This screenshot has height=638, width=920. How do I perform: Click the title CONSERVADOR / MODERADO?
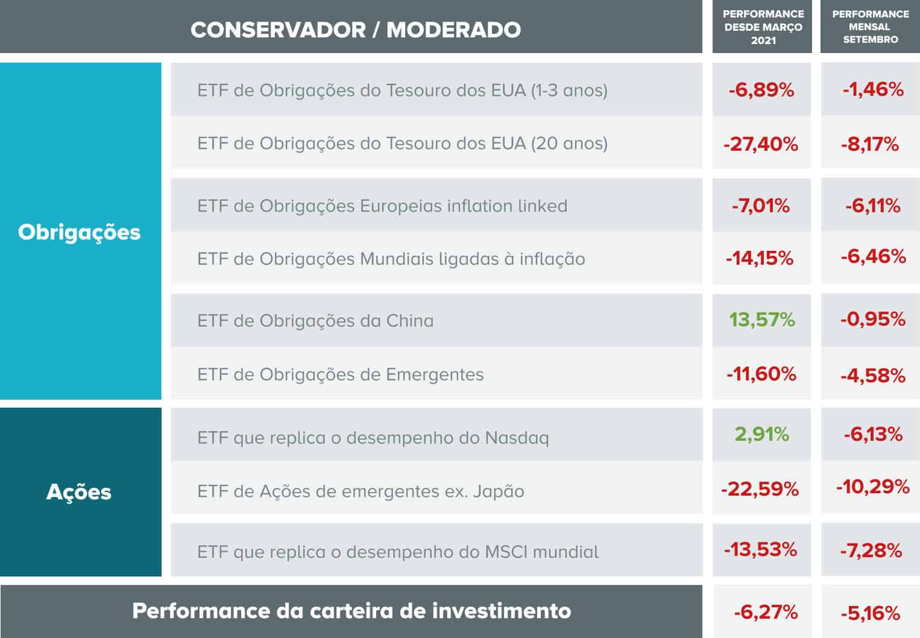(x=356, y=30)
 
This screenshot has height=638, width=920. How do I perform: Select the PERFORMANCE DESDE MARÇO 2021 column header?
(x=763, y=27)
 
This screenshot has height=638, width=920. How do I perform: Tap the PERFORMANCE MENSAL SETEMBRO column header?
(x=870, y=27)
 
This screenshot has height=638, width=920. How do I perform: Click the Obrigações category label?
(x=79, y=232)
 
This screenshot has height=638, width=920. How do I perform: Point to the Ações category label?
(x=79, y=492)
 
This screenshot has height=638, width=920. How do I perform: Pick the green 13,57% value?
(x=761, y=320)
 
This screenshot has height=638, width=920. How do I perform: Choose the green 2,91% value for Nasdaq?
(x=761, y=434)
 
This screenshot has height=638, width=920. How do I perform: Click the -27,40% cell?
(x=761, y=144)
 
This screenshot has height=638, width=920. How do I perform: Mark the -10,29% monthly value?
(x=872, y=487)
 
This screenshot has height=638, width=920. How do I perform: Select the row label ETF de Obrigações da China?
(x=315, y=321)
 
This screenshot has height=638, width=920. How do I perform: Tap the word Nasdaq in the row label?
(x=517, y=438)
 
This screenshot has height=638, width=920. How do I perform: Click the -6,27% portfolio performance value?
(x=765, y=613)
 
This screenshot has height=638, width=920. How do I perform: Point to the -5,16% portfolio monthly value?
(x=870, y=614)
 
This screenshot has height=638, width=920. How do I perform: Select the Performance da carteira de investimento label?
(x=351, y=611)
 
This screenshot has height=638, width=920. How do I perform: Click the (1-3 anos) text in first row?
(x=569, y=90)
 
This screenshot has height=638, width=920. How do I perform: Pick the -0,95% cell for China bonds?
(x=872, y=319)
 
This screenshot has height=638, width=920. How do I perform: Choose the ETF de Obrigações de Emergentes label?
(x=341, y=374)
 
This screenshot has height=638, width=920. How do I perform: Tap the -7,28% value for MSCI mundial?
(x=871, y=550)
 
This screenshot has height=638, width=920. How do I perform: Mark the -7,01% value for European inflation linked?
(x=761, y=206)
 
